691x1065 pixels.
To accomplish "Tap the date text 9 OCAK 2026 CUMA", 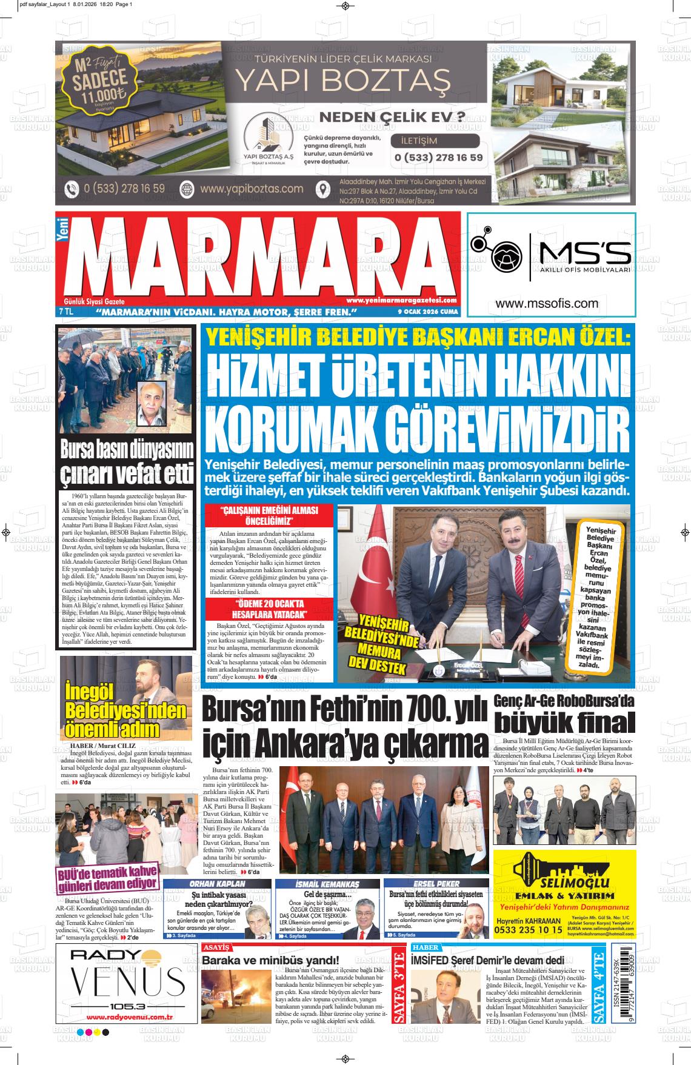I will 428,312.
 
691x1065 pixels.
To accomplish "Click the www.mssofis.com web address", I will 546,304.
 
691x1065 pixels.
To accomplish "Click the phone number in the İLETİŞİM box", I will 438,158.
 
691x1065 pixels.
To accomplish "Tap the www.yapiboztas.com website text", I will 251,189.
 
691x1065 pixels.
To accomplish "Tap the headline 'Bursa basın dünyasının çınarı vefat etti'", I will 127,461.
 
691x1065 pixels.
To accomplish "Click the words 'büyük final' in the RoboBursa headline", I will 564,723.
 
